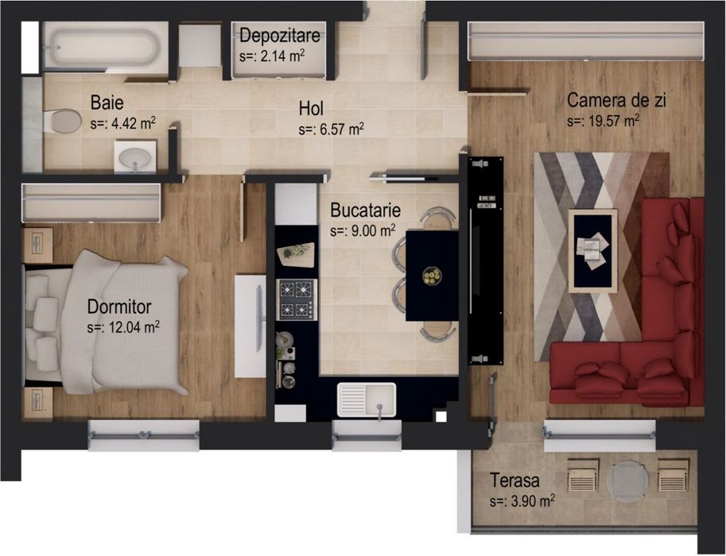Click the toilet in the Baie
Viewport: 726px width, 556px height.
63,122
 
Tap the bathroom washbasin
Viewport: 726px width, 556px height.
135,156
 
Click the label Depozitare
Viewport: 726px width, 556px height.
279,36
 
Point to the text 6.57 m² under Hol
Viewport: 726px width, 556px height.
332,129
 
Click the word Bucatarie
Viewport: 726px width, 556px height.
365,211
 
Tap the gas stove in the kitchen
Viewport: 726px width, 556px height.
296,299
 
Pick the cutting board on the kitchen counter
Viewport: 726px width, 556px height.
296,253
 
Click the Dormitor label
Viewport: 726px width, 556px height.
119,307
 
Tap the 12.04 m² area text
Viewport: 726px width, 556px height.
124,326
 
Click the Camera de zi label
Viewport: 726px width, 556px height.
616,102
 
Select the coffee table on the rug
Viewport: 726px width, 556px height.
592,251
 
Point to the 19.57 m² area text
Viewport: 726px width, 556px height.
604,122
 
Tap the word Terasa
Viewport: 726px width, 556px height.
515,481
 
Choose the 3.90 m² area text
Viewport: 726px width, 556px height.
522,501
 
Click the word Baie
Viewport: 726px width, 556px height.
107,102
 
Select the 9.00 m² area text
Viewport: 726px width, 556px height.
363,231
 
